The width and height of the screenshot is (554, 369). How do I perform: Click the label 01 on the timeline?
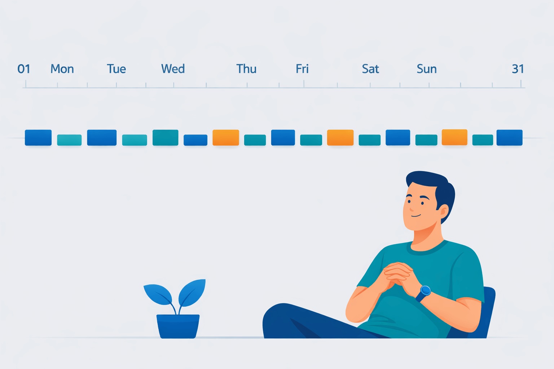click(x=24, y=69)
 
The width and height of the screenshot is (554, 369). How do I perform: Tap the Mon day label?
click(x=62, y=69)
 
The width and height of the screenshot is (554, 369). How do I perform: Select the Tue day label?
click(x=116, y=69)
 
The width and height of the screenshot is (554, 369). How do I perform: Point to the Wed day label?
click(x=173, y=69)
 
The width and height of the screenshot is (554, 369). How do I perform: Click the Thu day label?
click(x=246, y=69)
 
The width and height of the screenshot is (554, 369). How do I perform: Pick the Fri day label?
click(x=302, y=69)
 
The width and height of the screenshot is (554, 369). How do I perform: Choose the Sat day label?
click(x=370, y=69)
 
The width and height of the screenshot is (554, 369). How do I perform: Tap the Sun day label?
click(x=427, y=69)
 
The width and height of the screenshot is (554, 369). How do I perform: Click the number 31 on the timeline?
click(x=518, y=69)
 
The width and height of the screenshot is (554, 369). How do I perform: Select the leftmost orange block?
click(x=226, y=138)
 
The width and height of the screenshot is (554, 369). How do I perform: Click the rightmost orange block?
click(x=454, y=137)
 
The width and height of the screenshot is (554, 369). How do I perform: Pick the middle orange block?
click(x=340, y=138)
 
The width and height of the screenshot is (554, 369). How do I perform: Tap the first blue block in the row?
click(x=38, y=138)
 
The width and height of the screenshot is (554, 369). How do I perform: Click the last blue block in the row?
click(x=509, y=138)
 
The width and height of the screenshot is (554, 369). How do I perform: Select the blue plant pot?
click(x=178, y=326)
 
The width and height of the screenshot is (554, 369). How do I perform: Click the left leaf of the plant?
click(x=158, y=294)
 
